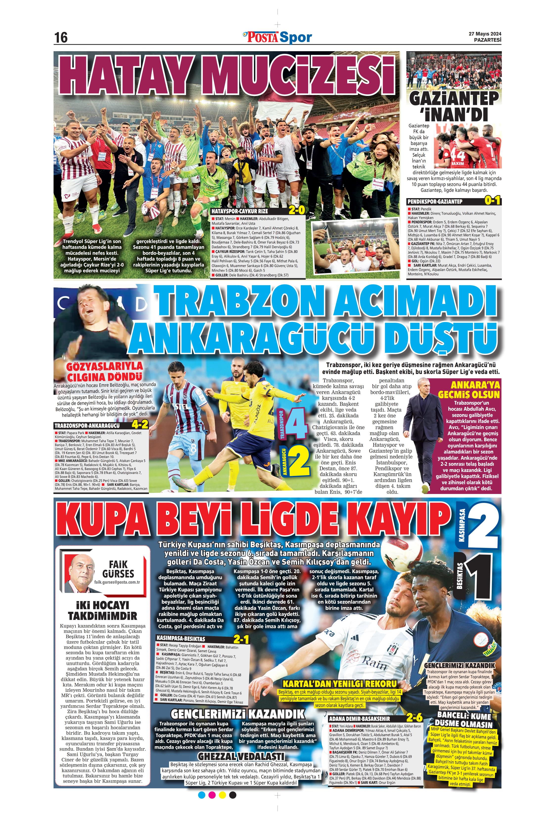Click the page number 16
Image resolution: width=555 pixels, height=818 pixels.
click(x=61, y=37)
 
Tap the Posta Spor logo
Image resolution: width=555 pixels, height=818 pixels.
click(x=277, y=37)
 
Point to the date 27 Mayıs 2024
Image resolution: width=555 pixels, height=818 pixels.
click(x=485, y=34)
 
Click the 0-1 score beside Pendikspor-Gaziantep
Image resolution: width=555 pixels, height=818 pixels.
click(x=492, y=201)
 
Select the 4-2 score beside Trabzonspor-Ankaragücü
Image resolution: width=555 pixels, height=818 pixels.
click(x=140, y=425)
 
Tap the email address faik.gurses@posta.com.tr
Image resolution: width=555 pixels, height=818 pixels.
click(x=117, y=582)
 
